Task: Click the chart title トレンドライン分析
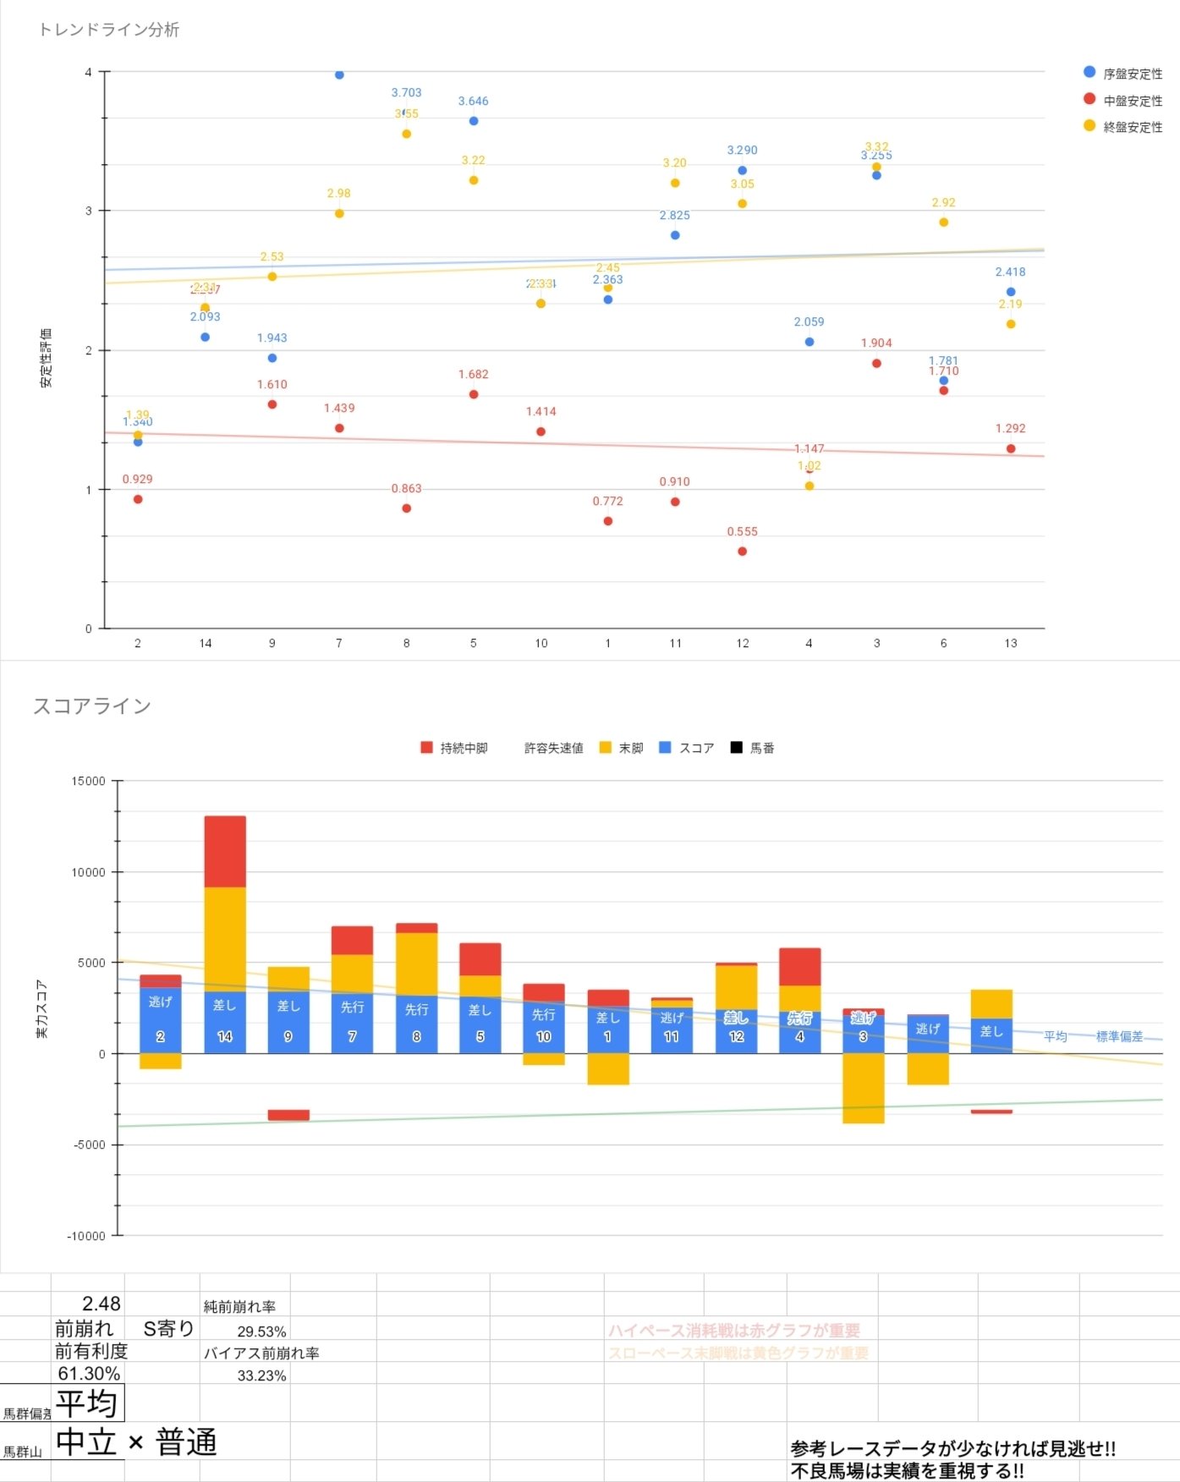[x=109, y=30]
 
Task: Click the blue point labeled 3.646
[x=474, y=121]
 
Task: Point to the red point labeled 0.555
[x=742, y=552]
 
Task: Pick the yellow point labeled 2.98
[x=339, y=213]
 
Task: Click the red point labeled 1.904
[x=876, y=364]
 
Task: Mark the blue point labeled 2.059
[x=810, y=342]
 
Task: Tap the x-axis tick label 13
[x=1011, y=644]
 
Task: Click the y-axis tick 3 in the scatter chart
[x=89, y=211]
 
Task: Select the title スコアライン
[x=92, y=706]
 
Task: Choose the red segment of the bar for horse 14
[x=225, y=851]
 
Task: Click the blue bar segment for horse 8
[x=416, y=1024]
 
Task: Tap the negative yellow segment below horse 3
[x=864, y=1088]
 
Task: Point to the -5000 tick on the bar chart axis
[x=89, y=1145]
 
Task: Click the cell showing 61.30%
[x=89, y=1374]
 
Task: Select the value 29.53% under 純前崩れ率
[x=261, y=1331]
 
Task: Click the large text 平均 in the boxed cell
[x=87, y=1404]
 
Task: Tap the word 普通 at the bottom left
[x=187, y=1442]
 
